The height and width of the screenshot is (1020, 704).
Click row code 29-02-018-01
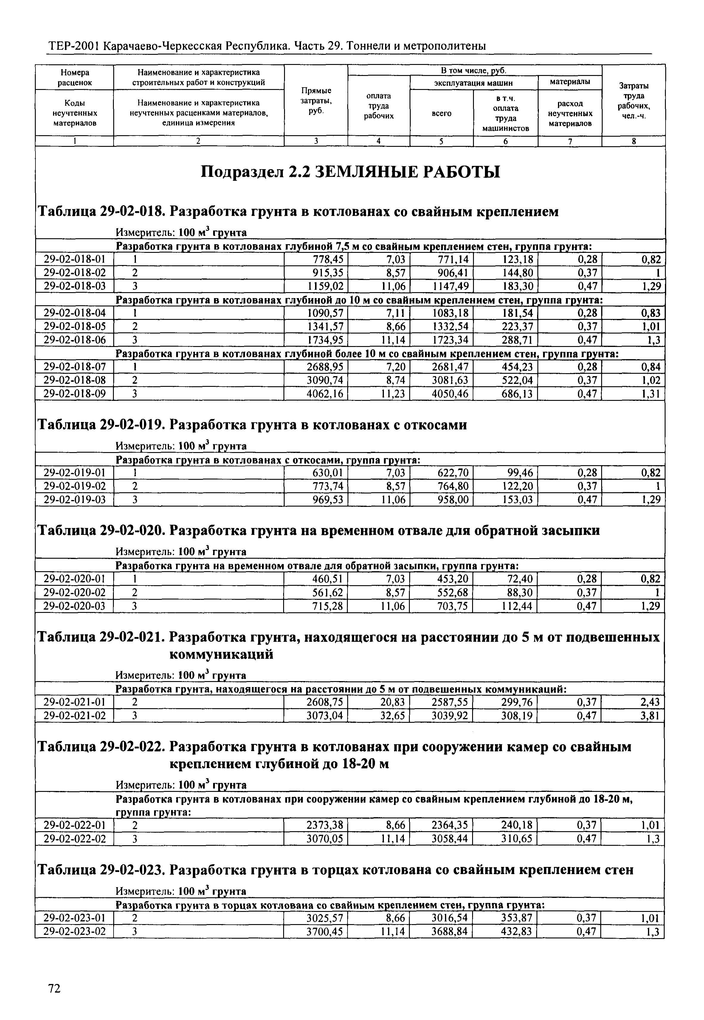pos(75,259)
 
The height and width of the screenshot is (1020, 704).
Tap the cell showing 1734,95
pos(325,340)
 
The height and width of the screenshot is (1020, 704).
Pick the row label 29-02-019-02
pos(75,486)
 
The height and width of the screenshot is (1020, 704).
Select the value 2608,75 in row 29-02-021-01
pos(325,702)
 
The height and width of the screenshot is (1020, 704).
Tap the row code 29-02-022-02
pos(75,838)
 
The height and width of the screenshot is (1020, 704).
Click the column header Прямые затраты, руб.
pos(316,100)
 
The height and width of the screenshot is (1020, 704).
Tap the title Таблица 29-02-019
pos(101,425)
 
